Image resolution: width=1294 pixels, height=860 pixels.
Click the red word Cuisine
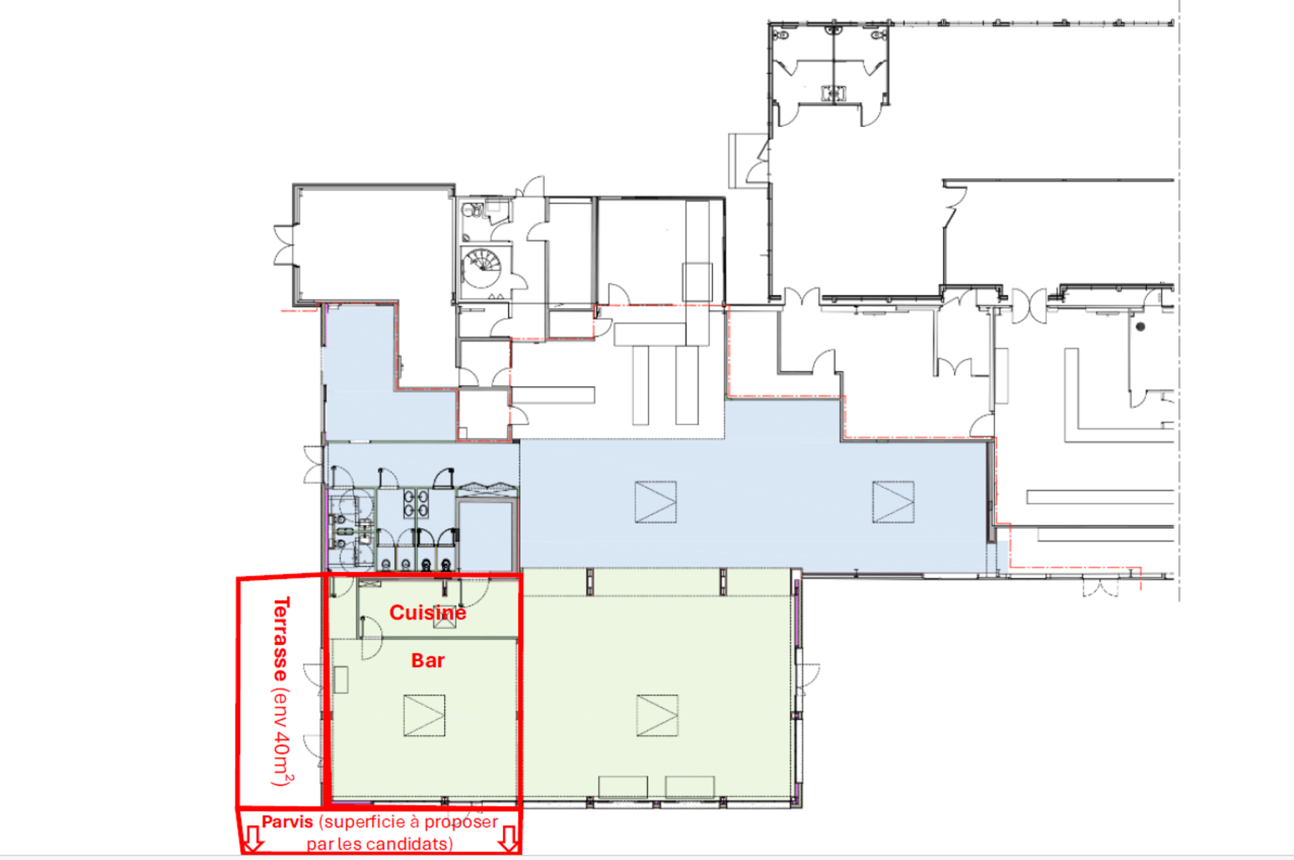click(x=428, y=613)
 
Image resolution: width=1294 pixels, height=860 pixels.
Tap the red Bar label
click(x=428, y=661)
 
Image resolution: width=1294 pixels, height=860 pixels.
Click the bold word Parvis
click(x=287, y=822)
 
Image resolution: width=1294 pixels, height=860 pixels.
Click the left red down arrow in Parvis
click(x=251, y=838)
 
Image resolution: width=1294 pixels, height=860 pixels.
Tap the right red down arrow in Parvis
click(x=508, y=838)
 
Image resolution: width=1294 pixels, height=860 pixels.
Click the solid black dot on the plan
click(x=1140, y=327)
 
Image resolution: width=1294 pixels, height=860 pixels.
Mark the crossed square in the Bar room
click(x=424, y=715)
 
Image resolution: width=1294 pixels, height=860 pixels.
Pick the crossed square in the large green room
click(x=657, y=715)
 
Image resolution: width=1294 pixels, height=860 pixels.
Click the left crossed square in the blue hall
click(x=656, y=502)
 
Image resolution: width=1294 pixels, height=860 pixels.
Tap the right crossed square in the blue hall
click(x=893, y=502)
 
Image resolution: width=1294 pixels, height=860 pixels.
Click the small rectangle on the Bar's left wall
click(x=341, y=680)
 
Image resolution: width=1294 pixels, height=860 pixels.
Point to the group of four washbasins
click(x=416, y=503)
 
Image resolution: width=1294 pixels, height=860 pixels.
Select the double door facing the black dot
click(x=1030, y=305)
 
